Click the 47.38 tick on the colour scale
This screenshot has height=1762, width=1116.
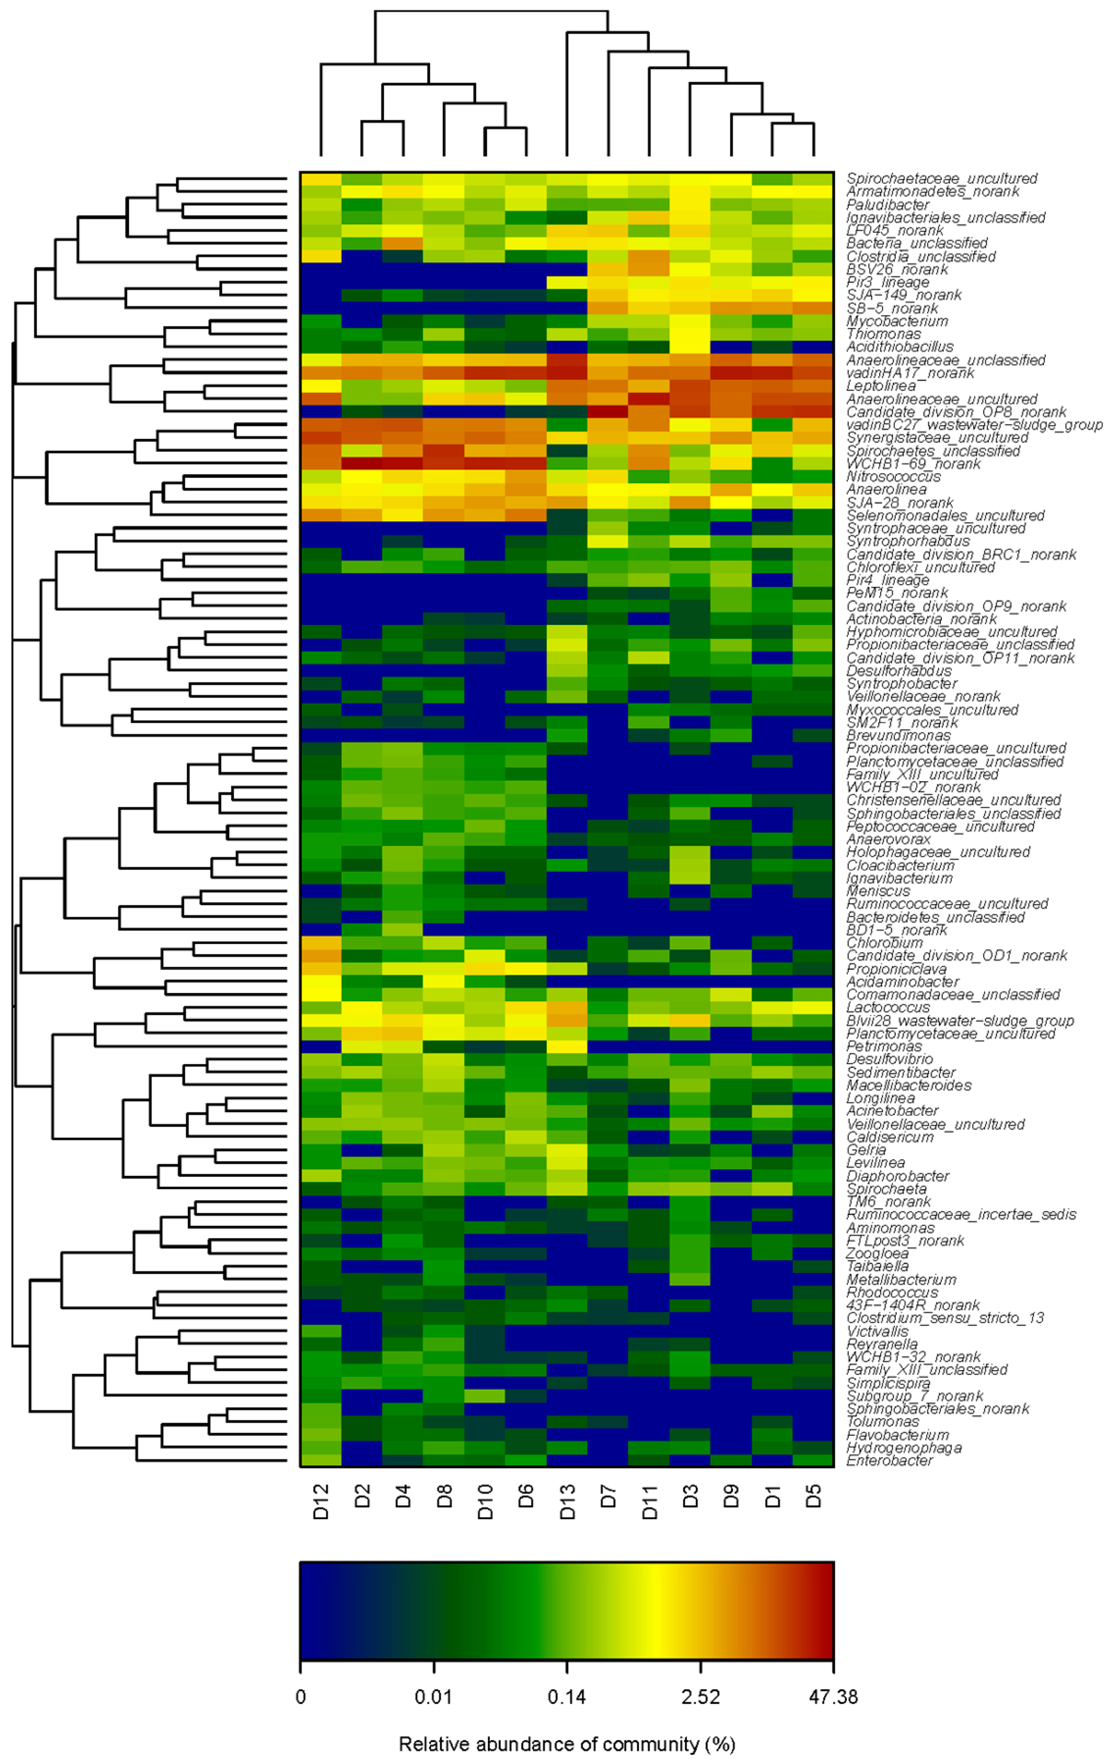(x=833, y=1696)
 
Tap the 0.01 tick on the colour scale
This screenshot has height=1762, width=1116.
(x=434, y=1696)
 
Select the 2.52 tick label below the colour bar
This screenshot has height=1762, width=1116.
(x=701, y=1696)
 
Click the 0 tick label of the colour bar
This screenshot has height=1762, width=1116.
(x=301, y=1696)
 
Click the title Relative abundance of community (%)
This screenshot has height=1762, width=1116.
(x=567, y=1744)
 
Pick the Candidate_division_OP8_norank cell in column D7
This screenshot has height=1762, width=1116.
(x=608, y=412)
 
